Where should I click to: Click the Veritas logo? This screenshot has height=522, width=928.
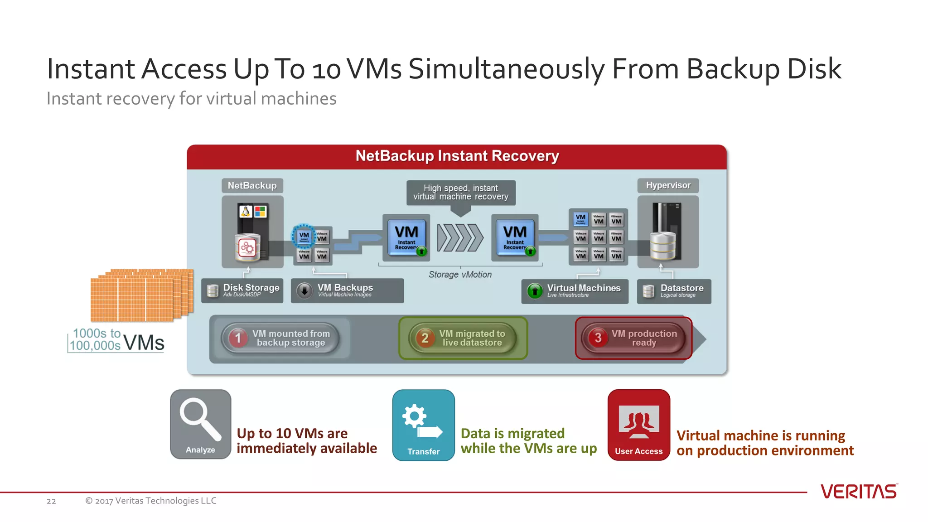pos(859,492)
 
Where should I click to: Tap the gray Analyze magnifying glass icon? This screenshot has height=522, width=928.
pos(200,424)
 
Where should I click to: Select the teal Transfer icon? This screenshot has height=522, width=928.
pos(423,425)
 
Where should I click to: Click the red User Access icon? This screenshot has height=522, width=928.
pos(638,425)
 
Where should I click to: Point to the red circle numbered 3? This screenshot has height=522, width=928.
pos(598,338)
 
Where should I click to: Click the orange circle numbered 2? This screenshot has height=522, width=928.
pos(425,338)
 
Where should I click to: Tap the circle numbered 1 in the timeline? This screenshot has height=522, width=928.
pos(238,338)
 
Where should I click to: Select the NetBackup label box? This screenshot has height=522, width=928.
pos(252,185)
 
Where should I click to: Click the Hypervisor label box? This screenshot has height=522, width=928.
pos(668,185)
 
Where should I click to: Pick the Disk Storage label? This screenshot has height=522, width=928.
pos(242,290)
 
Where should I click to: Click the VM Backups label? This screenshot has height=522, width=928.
pos(347,290)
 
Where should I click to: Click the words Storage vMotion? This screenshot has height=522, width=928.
pos(460,275)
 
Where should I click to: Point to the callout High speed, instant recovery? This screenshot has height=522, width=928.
pos(460,193)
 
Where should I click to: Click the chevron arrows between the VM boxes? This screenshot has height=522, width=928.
pos(460,237)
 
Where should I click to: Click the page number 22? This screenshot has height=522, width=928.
pos(51,501)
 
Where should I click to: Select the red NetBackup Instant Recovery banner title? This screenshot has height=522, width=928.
pos(457,156)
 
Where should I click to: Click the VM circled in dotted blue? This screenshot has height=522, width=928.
pos(304,236)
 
